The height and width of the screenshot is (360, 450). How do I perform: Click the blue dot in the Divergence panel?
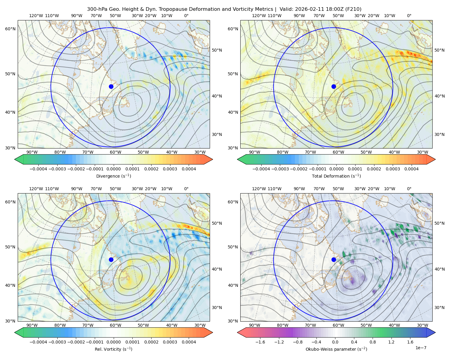(x=111, y=87)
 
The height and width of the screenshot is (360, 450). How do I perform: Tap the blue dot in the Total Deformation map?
(x=334, y=87)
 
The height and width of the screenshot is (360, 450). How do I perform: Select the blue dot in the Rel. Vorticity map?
(x=111, y=259)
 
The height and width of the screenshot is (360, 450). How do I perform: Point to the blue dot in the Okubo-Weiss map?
(x=334, y=259)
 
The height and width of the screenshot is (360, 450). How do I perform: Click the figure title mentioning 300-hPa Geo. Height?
(x=224, y=9)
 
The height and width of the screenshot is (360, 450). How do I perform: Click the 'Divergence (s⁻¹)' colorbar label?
(x=113, y=176)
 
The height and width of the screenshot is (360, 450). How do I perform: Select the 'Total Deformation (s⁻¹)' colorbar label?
(x=336, y=176)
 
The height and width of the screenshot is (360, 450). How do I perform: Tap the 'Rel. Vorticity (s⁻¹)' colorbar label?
(x=113, y=349)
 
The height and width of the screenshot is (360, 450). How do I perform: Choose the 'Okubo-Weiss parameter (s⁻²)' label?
(x=336, y=349)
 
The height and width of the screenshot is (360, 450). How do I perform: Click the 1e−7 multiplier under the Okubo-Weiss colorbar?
(x=421, y=348)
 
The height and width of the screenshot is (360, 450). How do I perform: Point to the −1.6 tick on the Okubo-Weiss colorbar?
(x=260, y=342)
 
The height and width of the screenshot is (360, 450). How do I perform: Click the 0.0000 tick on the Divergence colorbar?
(x=113, y=169)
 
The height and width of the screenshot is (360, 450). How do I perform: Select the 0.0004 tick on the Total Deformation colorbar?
(x=412, y=169)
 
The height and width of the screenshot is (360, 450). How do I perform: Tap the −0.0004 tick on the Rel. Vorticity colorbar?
(x=38, y=342)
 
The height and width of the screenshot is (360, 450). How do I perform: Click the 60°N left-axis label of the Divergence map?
(x=10, y=29)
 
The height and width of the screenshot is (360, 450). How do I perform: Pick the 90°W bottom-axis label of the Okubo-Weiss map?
(x=254, y=325)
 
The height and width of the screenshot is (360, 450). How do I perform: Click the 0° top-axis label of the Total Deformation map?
(x=409, y=16)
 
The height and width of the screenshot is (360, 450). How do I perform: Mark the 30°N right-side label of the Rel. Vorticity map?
(x=217, y=307)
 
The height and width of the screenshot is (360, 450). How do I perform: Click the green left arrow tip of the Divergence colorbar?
(x=15, y=159)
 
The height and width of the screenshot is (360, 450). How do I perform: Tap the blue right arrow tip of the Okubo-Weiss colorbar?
(x=435, y=332)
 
